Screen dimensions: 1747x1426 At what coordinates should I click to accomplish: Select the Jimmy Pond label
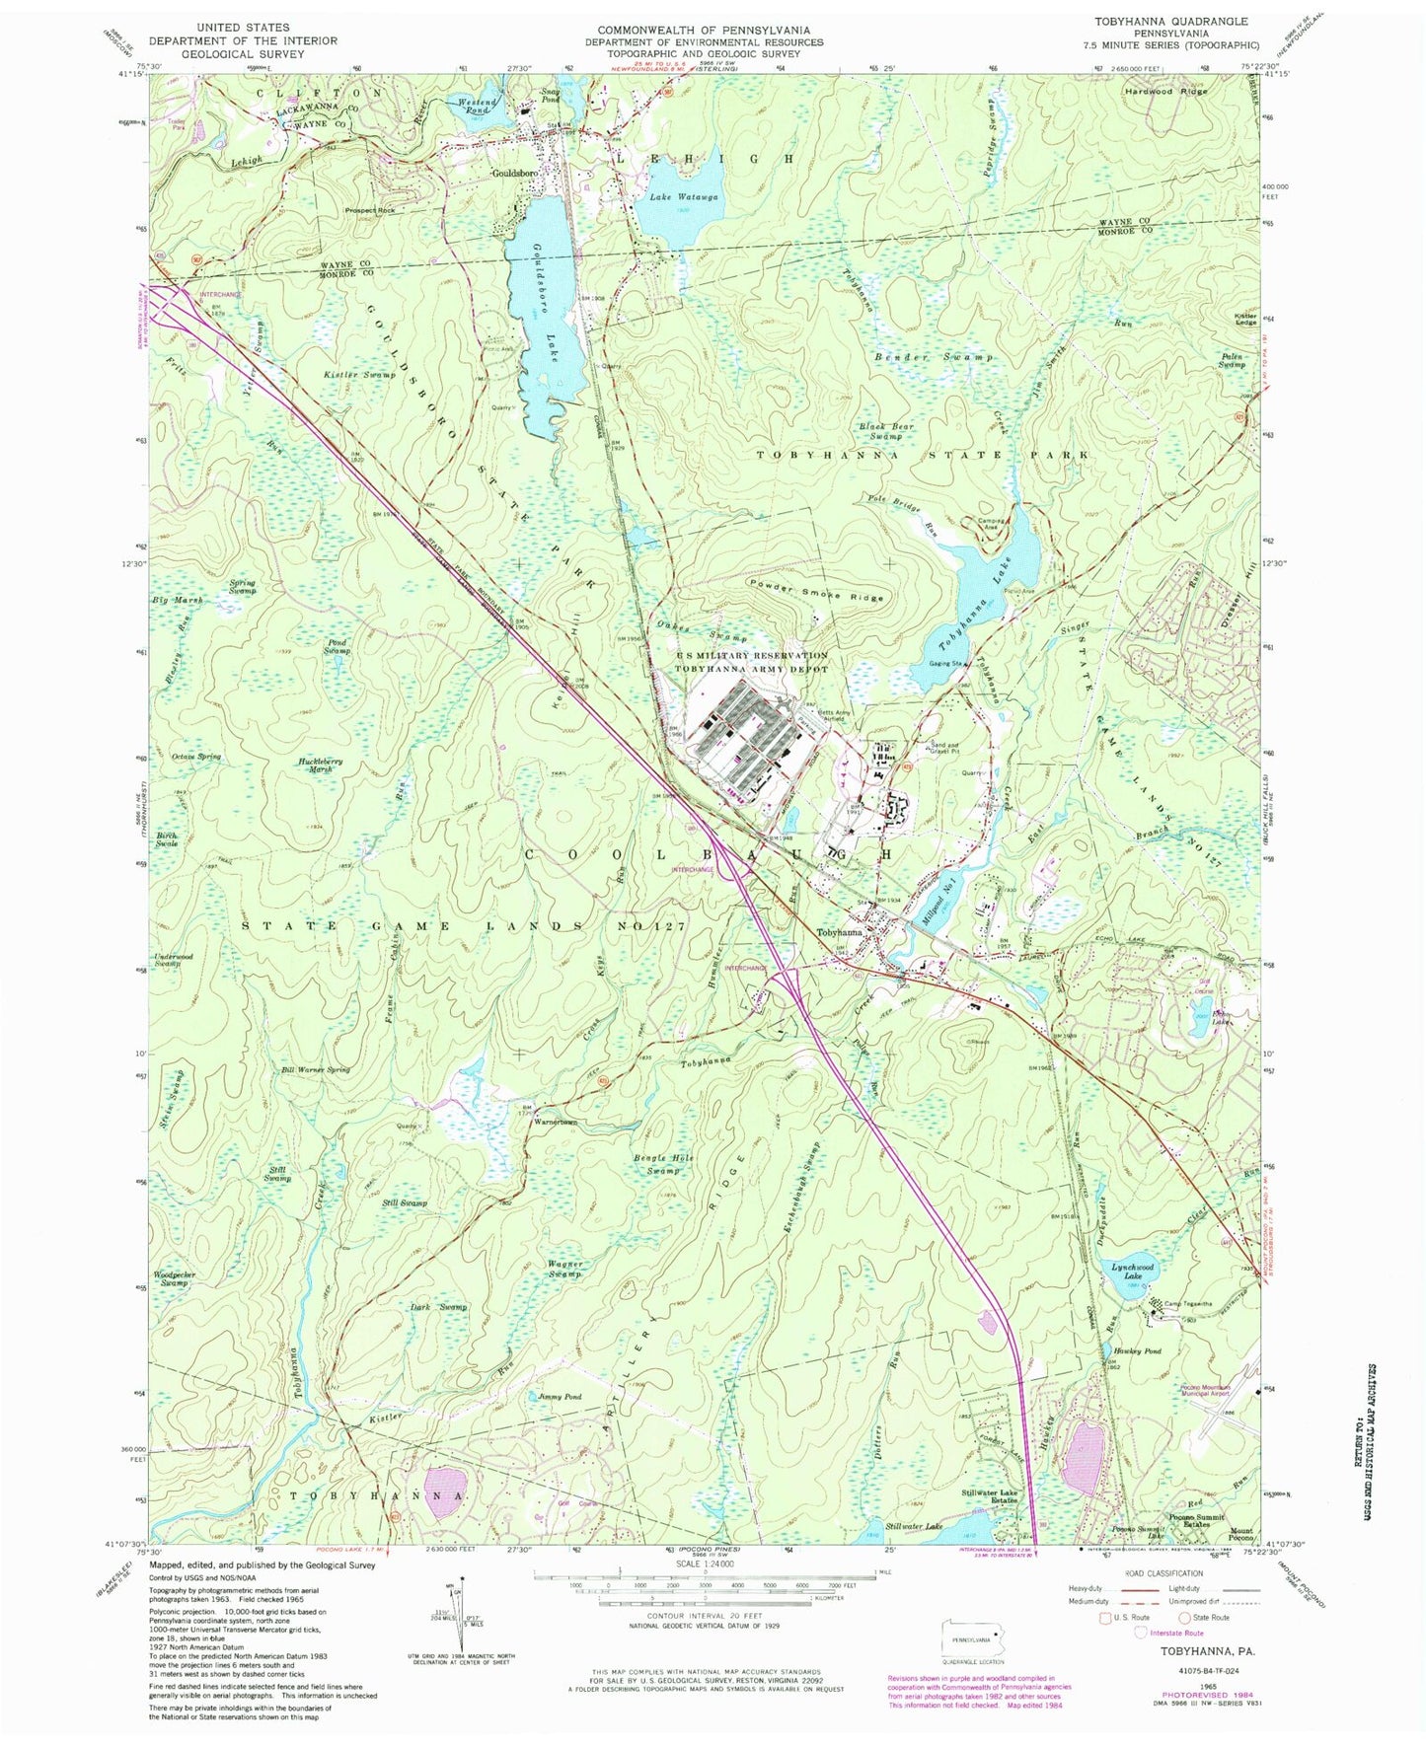(x=560, y=1397)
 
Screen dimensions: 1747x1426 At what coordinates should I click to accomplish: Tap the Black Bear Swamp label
(x=886, y=431)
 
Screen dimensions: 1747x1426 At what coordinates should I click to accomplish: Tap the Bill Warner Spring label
(x=316, y=1069)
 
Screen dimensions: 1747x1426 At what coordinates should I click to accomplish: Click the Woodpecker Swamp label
(x=175, y=1278)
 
